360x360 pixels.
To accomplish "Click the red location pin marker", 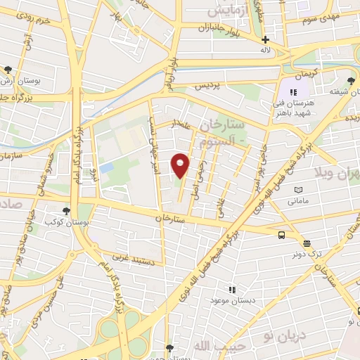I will click(181, 165).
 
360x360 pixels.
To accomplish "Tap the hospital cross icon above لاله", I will click(265, 40).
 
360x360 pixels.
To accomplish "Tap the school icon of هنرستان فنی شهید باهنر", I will click(293, 91).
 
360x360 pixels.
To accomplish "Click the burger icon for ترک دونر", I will click(306, 243).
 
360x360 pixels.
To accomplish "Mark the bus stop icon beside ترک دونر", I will click(281, 236).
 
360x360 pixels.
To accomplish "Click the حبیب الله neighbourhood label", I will click(212, 347).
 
